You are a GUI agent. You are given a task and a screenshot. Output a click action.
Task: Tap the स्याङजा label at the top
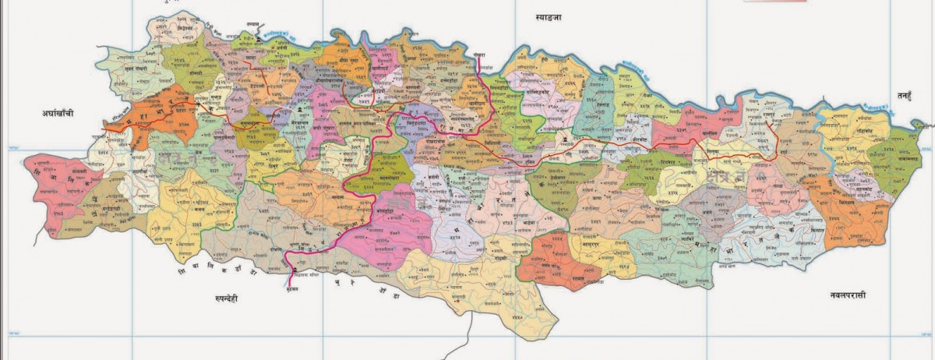548,16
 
